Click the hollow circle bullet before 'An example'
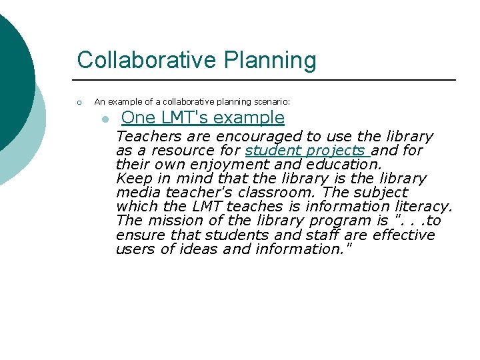click(x=79, y=102)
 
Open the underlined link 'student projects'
click(x=306, y=151)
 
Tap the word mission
click(x=174, y=221)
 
